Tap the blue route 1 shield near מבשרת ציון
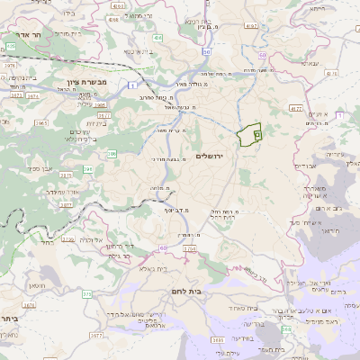(131, 85)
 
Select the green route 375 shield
(86, 293)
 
